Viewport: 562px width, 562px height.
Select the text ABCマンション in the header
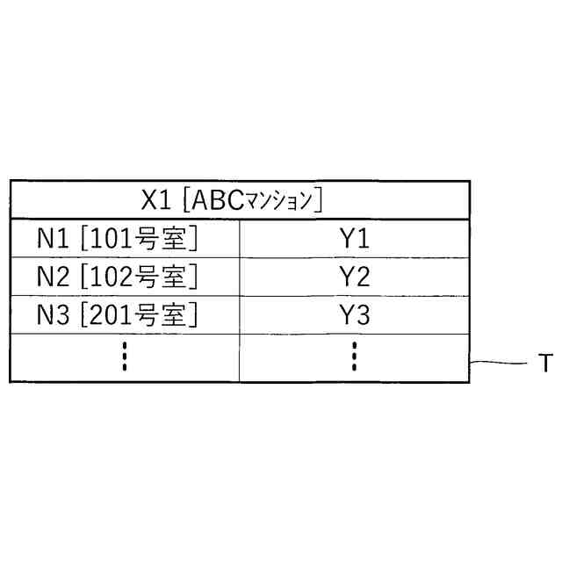(253, 200)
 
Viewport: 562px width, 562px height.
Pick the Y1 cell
(354, 239)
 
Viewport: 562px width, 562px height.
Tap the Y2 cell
(354, 277)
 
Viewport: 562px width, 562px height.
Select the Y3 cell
(354, 314)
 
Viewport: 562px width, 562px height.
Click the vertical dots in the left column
(125, 357)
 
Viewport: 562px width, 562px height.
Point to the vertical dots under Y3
(354, 357)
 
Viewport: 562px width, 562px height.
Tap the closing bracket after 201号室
(193, 314)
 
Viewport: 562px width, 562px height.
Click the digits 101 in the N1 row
(112, 239)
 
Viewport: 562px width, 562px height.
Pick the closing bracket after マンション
(319, 200)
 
